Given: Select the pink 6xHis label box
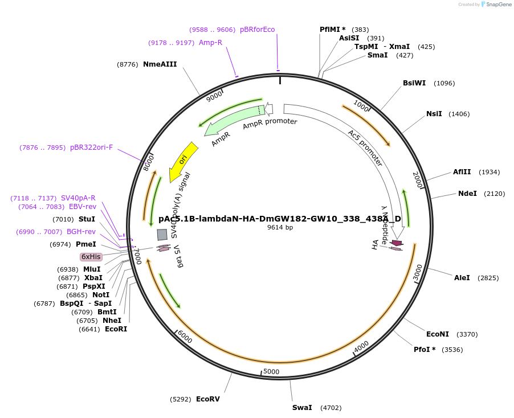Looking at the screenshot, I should click(x=91, y=257).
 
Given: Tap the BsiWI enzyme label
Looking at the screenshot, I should click(x=414, y=83).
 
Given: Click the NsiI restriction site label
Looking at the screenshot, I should click(x=434, y=114).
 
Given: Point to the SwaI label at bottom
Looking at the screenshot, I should click(x=302, y=408).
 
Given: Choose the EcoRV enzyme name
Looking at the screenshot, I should click(x=208, y=399).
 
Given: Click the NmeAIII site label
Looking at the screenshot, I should click(x=160, y=64).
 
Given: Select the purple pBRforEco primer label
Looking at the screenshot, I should click(x=257, y=30).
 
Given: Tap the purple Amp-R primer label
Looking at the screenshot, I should click(x=210, y=43).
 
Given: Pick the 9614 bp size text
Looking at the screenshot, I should click(x=280, y=228).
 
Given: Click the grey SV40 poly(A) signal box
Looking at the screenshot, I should click(x=162, y=234).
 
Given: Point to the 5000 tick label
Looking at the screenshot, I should click(x=271, y=372).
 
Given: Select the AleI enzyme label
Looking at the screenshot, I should click(x=462, y=278).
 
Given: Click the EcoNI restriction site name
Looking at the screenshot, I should click(x=438, y=334).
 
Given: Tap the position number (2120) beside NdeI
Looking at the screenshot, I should click(x=494, y=194).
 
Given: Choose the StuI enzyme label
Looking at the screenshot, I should click(x=87, y=219).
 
